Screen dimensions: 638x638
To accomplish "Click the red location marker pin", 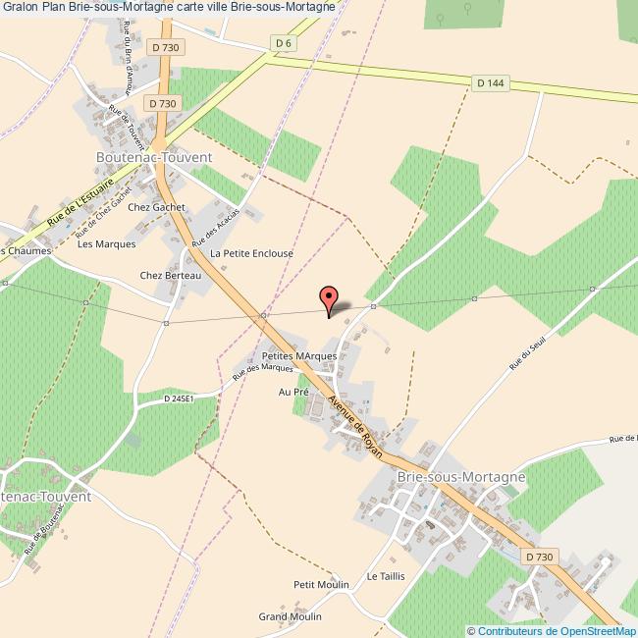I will tap(331, 297).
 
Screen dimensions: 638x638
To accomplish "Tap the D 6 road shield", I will tap(284, 42).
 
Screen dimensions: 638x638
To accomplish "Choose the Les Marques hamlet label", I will tap(98, 244).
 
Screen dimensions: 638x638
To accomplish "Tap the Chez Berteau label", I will tap(171, 276).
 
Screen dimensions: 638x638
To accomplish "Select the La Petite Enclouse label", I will tap(252, 252).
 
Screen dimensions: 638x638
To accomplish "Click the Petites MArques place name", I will tap(299, 355).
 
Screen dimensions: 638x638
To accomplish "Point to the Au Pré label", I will tap(293, 391).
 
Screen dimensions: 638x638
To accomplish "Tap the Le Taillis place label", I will tap(386, 575).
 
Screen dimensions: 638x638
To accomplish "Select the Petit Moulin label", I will tap(321, 584).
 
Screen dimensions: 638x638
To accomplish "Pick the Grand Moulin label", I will tap(290, 616).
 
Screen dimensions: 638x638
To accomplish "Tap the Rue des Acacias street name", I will tap(216, 228).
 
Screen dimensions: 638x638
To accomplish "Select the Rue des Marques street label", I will tap(262, 372).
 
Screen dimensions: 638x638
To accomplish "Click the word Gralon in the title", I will tap(21, 7).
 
